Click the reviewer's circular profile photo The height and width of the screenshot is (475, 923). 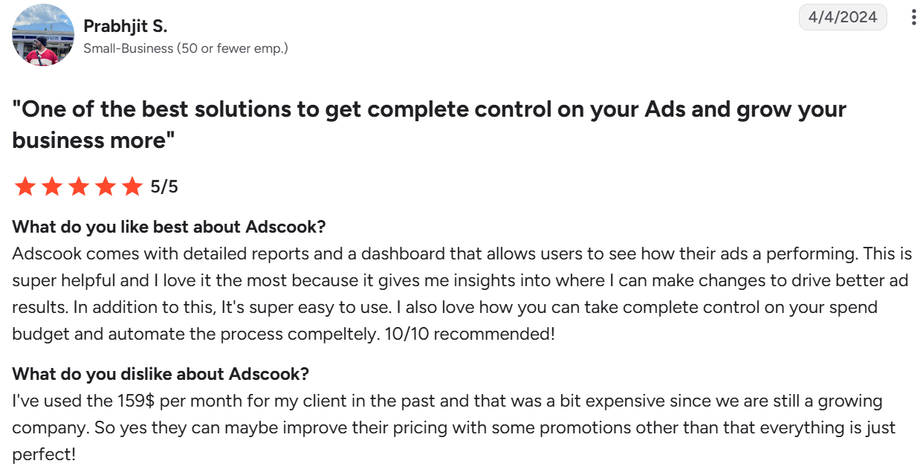(43, 35)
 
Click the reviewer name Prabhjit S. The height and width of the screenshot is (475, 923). (126, 26)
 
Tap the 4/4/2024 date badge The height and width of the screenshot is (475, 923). (843, 17)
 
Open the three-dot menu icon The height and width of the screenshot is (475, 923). (913, 17)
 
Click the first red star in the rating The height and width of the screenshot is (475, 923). (25, 186)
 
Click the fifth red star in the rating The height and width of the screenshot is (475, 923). (132, 186)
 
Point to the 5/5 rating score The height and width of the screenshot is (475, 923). (164, 187)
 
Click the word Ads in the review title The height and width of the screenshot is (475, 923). (665, 109)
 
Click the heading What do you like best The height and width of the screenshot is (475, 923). (169, 227)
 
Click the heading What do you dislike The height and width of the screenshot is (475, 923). (161, 374)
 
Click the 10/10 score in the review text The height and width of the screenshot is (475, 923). (407, 334)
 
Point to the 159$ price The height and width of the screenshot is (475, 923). (136, 401)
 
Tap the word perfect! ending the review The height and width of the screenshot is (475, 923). (44, 455)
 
